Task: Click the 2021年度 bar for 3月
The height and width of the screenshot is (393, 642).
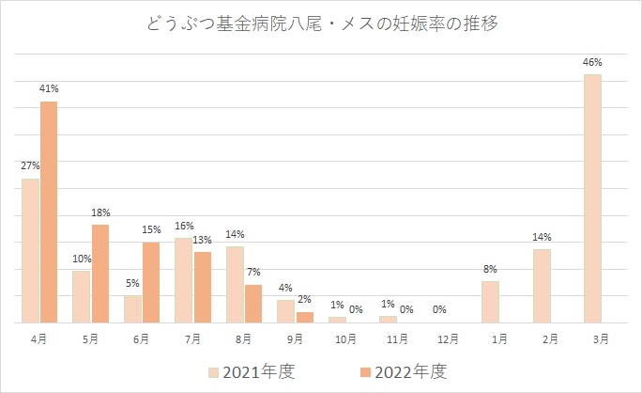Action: (x=592, y=198)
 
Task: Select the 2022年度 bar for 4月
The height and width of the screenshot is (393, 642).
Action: (x=49, y=212)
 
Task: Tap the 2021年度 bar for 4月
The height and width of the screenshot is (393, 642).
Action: (x=31, y=250)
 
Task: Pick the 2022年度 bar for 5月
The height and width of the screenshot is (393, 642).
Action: (x=100, y=274)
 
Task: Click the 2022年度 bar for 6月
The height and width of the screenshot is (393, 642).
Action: (x=151, y=282)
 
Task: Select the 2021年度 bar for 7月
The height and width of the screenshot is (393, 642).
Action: (x=184, y=280)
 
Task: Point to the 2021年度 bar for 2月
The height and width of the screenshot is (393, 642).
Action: (x=542, y=286)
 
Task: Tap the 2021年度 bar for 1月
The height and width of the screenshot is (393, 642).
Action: (x=490, y=302)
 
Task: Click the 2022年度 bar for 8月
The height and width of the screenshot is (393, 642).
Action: (x=253, y=304)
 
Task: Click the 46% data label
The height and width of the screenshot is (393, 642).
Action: (x=592, y=62)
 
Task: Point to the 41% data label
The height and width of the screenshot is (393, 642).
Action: (x=49, y=88)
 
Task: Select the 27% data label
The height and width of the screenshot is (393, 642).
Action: (x=30, y=165)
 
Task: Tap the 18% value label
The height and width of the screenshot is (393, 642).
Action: (x=100, y=212)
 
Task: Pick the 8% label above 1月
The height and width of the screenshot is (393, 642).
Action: (x=490, y=269)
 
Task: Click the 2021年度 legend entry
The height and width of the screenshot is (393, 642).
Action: (x=251, y=371)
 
